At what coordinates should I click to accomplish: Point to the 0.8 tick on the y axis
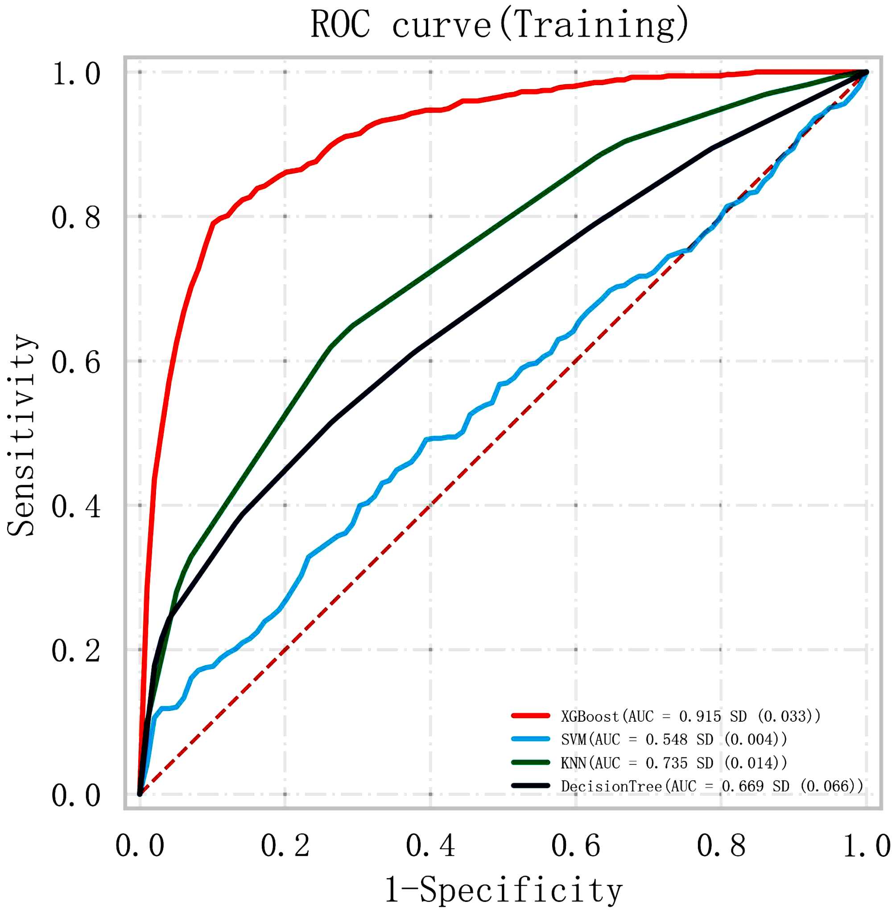(76, 217)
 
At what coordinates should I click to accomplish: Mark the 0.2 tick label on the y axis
(76, 651)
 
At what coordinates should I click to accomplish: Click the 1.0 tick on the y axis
(76, 74)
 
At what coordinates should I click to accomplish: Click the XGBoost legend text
(690, 716)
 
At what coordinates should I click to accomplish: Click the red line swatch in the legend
(530, 716)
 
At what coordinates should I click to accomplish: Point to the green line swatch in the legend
(530, 763)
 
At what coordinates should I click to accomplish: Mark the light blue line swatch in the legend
(530, 739)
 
